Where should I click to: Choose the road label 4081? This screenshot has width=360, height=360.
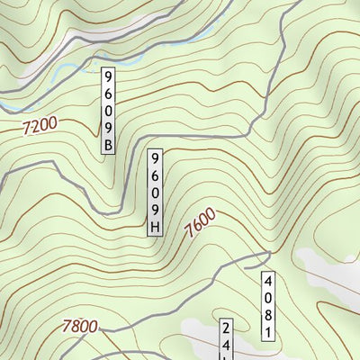pos(267,307)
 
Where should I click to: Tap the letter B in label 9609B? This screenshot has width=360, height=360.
pos(110,144)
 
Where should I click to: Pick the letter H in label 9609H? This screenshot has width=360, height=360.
pos(155,227)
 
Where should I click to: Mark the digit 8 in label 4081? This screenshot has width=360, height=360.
pos(267,316)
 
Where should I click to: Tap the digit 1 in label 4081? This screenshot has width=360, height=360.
pos(267,334)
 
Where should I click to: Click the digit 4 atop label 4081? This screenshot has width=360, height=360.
pos(267,281)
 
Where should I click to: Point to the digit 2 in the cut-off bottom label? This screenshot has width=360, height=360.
pos(227,328)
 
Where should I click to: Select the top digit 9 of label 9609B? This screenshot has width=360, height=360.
pos(110,75)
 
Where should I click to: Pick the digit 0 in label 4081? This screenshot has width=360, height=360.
pos(267,299)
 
